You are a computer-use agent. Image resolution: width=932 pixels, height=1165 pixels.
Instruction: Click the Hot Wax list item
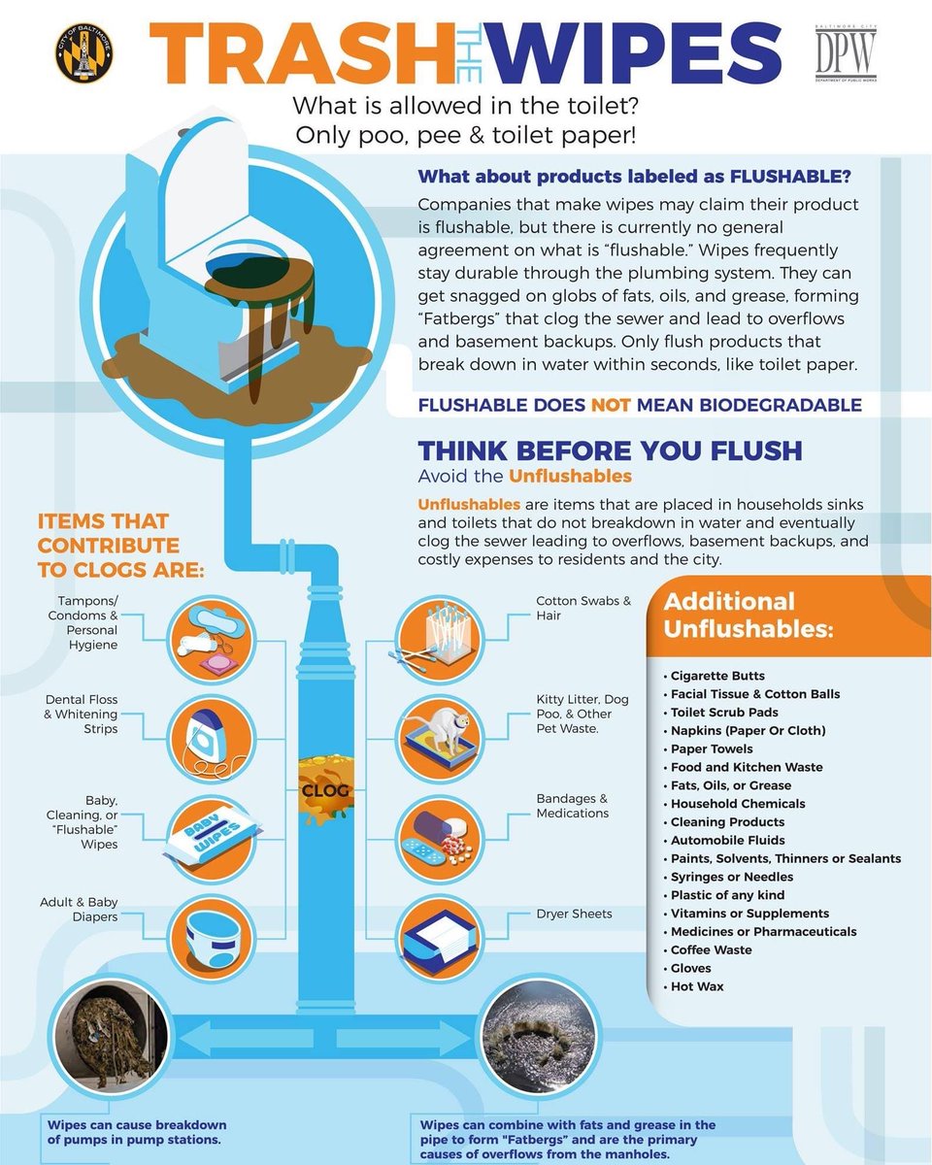pyautogui.click(x=697, y=986)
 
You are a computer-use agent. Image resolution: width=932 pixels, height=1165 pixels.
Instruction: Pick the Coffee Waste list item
pyautogui.click(x=712, y=949)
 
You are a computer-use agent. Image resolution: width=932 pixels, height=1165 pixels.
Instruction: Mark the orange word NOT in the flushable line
pyautogui.click(x=612, y=405)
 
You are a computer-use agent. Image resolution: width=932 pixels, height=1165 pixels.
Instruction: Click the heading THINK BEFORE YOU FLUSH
pyautogui.click(x=611, y=450)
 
